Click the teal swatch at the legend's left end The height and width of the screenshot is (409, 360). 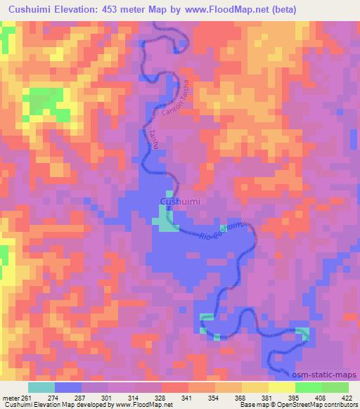click(x=41, y=387)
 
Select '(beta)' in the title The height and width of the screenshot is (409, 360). click(x=279, y=10)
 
